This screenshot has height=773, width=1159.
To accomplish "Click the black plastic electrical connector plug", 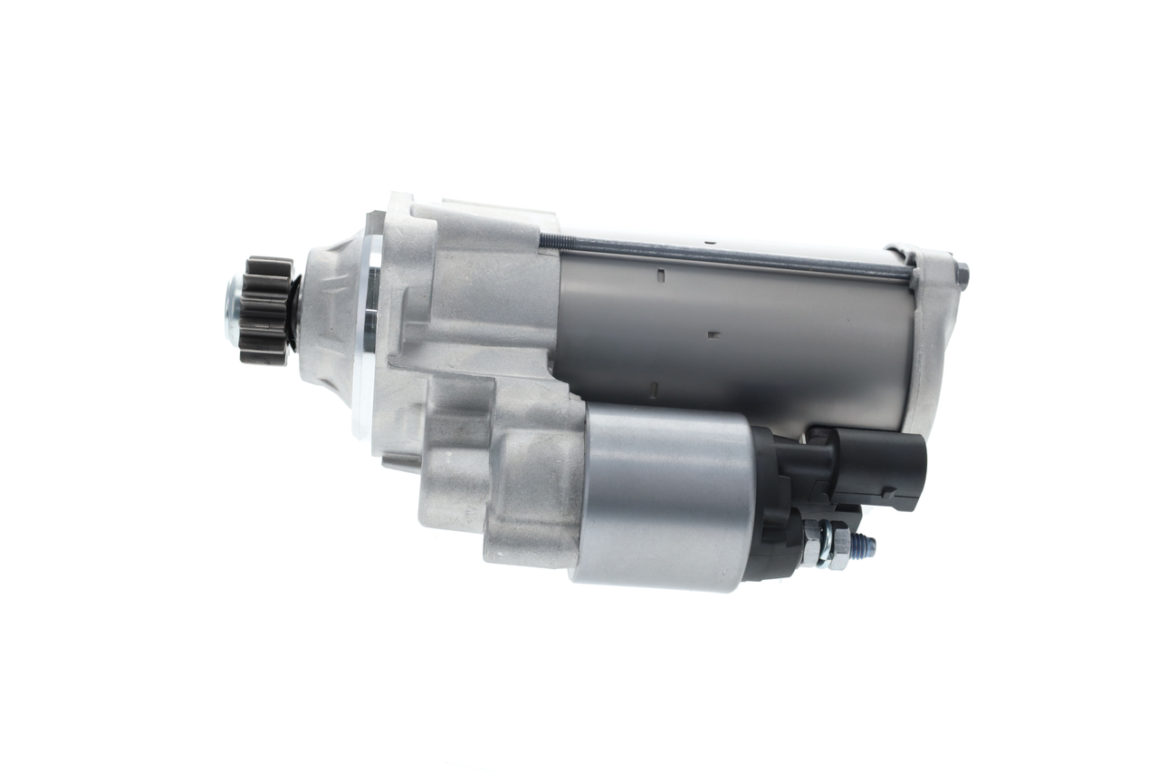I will (x=878, y=468).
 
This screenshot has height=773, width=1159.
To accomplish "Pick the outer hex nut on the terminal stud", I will (x=839, y=547).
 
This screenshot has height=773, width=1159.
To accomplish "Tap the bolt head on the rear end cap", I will (x=962, y=275).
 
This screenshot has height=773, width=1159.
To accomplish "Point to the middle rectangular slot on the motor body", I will (x=714, y=334).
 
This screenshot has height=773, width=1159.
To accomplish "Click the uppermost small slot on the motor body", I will (x=662, y=274).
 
